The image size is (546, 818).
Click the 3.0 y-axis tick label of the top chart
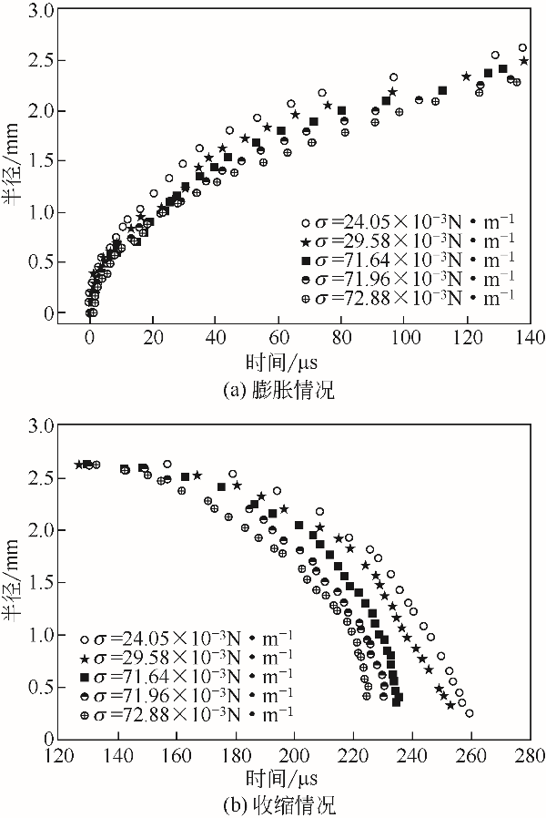click(x=40, y=10)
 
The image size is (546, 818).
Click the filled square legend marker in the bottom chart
click(x=86, y=677)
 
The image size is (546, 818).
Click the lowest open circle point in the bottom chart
click(x=469, y=713)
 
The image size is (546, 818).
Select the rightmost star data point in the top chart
click(x=523, y=61)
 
